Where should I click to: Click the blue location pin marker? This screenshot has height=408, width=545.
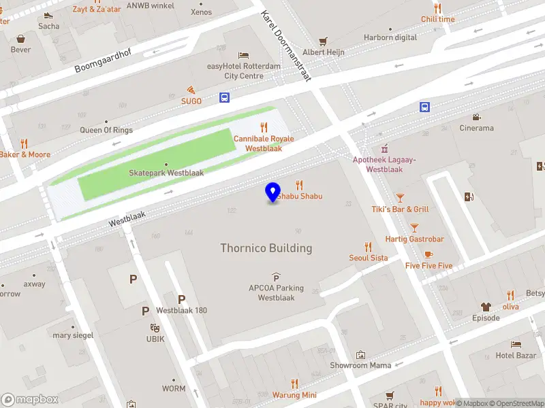coord(272,192)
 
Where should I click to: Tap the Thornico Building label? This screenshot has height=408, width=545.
coord(266,248)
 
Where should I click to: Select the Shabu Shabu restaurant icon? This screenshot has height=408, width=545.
coord(298,185)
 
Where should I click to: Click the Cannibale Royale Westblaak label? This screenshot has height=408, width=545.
coord(264,143)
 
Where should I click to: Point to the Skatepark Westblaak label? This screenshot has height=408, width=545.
coord(166,173)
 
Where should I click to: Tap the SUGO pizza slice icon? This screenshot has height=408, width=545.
coord(191,90)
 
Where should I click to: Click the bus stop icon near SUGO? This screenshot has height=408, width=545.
coord(224,98)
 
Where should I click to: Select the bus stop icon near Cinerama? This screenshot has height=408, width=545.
coord(424,107)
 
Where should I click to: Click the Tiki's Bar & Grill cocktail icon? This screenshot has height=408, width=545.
coord(400,198)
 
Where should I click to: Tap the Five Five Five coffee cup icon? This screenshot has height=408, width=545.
coord(429,254)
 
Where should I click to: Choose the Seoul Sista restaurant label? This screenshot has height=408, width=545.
coord(369,258)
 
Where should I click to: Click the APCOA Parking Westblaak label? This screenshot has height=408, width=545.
coord(276,293)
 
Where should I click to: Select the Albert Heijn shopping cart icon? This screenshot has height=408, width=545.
coord(324,41)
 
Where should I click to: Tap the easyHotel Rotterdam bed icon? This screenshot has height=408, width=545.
coord(243,55)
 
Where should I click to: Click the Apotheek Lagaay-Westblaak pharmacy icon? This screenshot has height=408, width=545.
coord(384,148)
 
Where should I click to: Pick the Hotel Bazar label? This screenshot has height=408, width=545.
coord(516,356)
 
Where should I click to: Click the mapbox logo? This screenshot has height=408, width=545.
coord(30,400)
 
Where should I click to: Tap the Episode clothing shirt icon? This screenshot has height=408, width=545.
coord(486,307)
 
